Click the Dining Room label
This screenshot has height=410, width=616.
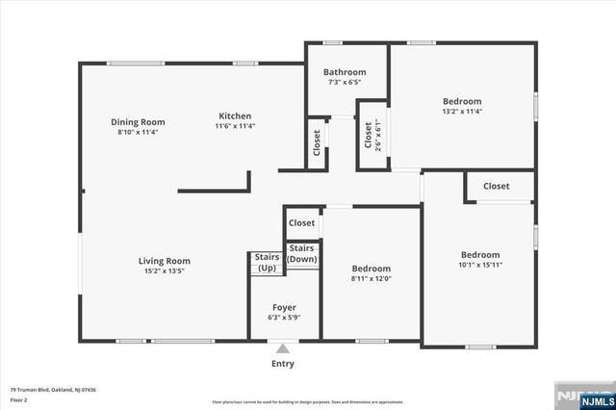click(138, 122)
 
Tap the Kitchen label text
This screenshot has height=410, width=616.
click(235, 115)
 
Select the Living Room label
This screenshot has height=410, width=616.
click(164, 261)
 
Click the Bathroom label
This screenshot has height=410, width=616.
click(345, 72)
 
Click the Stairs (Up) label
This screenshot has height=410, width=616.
click(267, 262)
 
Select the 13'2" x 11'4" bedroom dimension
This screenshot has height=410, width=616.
click(462, 111)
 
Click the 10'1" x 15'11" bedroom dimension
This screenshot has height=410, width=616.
click(479, 265)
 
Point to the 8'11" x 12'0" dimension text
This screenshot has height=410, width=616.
click(371, 278)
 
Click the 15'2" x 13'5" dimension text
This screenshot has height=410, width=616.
click(164, 270)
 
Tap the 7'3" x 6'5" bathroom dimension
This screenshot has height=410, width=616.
click(345, 82)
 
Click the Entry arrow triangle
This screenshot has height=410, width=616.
click(282, 348)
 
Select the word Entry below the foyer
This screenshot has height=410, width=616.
click(282, 364)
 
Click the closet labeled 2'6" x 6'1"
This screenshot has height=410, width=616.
click(369, 134)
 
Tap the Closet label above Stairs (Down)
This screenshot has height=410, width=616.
click(302, 222)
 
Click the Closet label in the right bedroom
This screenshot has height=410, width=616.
click(496, 186)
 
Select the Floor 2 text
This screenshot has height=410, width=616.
click(20, 399)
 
